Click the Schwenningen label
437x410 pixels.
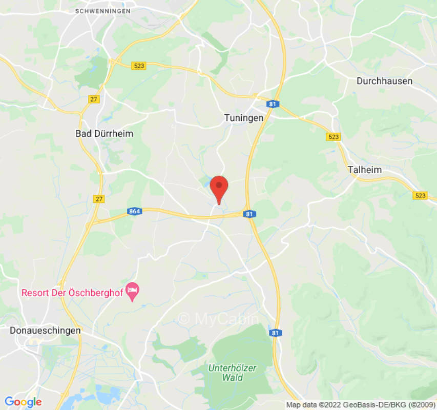102,11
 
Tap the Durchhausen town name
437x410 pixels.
384,81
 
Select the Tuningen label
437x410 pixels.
244,118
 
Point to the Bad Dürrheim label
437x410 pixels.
104,134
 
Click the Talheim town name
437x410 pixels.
364,170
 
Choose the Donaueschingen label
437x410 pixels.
45,331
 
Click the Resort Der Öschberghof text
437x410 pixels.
72,293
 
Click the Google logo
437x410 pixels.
23,402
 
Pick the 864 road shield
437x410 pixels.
135,211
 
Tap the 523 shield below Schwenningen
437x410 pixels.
138,66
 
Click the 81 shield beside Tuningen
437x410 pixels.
272,104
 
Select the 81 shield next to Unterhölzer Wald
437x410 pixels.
276,333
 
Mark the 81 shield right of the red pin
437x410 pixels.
249,214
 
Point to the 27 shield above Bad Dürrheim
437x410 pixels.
93,99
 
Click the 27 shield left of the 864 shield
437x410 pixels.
99,199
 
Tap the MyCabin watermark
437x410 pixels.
219,319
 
